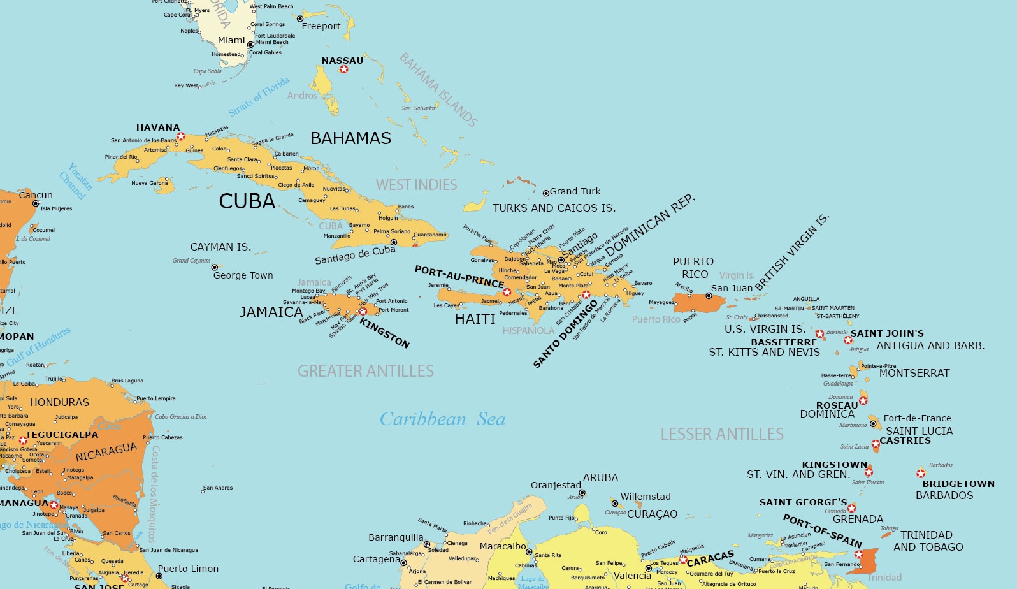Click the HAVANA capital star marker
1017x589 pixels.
point(181,136)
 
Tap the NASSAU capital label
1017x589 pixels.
point(342,61)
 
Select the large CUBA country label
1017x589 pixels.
point(247,201)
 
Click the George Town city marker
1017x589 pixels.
point(215,267)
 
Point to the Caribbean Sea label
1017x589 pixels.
point(442,419)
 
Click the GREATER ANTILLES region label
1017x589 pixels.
point(365,371)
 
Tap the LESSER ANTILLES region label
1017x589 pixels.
point(722,434)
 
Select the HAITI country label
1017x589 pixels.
point(475,319)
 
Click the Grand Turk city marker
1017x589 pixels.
point(545,193)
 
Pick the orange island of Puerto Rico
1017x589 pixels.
point(695,302)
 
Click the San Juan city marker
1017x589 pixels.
point(709,296)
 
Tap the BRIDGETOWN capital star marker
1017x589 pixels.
point(921,474)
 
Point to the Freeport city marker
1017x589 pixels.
point(300,19)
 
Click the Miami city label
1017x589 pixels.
point(231,40)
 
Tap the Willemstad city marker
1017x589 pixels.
point(615,504)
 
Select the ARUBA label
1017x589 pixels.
point(600,477)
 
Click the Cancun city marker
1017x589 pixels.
point(36,203)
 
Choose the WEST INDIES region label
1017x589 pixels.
point(416,185)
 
